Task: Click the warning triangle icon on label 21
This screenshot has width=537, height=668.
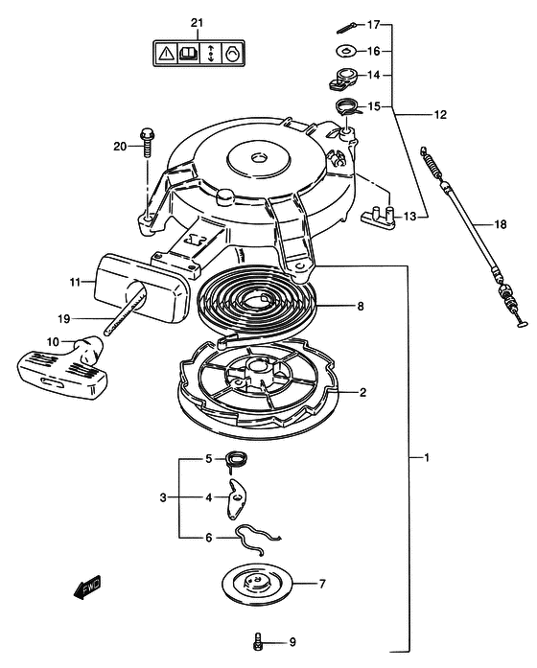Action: tap(166, 54)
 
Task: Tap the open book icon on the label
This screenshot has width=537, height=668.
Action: tap(188, 54)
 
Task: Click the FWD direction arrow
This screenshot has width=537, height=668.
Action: tap(87, 588)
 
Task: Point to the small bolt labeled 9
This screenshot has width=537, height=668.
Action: tap(257, 642)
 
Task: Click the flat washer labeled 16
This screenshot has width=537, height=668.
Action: tap(345, 51)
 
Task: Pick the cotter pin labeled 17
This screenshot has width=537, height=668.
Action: tap(348, 28)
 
